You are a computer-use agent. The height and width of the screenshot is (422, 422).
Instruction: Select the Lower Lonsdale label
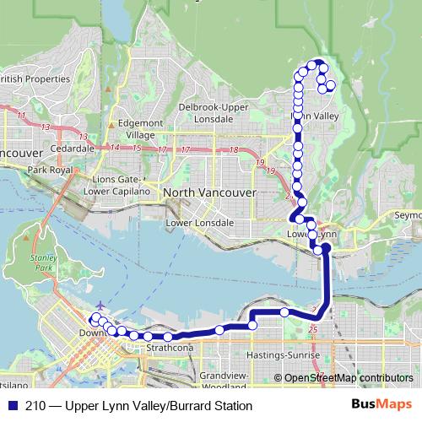200,223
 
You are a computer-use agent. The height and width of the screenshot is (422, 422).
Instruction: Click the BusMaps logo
381,404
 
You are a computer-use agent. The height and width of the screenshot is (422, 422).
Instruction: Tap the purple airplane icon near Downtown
102,305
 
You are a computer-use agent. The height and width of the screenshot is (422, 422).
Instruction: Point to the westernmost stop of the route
93,318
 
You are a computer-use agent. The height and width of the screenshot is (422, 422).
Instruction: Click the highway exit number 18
234,150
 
